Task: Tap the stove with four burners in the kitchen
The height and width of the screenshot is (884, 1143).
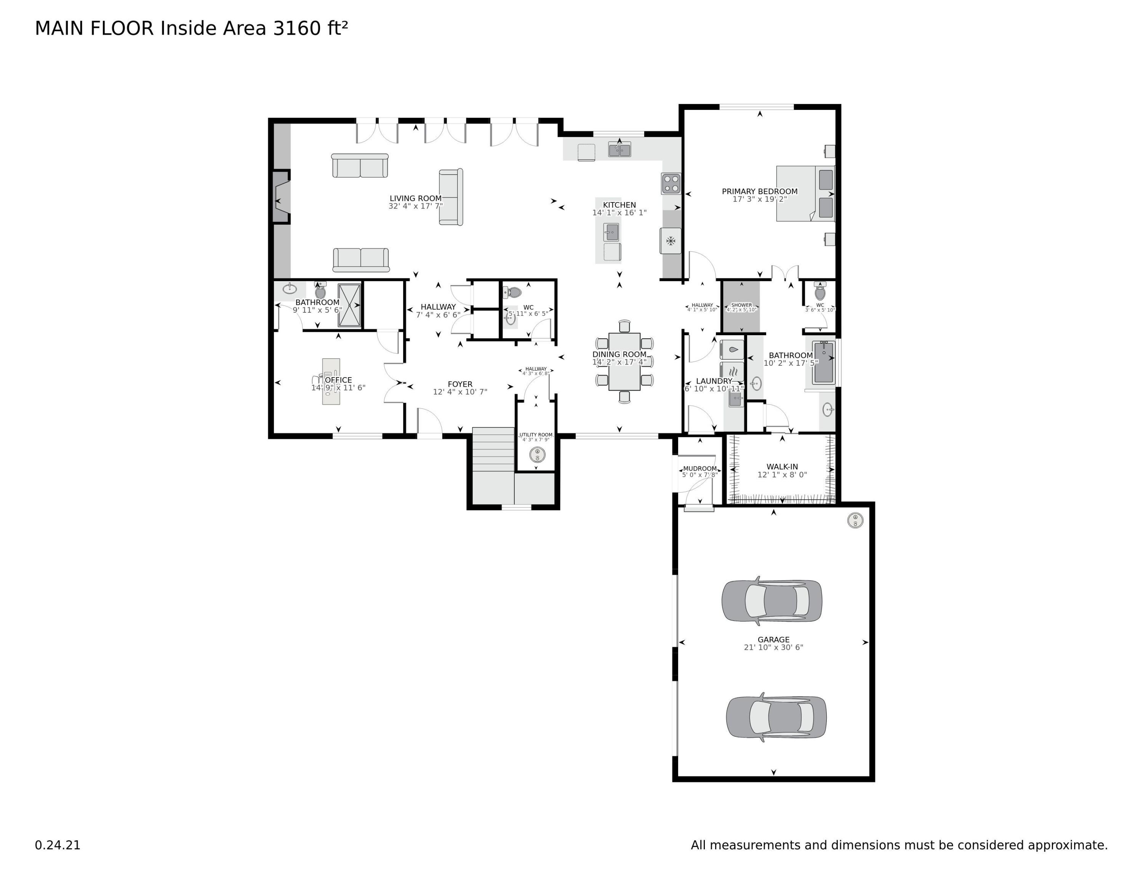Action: (671, 184)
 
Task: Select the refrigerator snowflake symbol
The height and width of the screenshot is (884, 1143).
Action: (671, 241)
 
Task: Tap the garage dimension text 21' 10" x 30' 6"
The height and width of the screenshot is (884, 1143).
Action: (773, 647)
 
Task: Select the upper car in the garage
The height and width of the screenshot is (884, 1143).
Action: (772, 601)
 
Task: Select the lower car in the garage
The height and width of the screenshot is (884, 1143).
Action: (776, 717)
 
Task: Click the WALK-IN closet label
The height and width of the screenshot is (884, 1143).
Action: (782, 467)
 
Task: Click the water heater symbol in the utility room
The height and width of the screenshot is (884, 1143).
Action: (537, 454)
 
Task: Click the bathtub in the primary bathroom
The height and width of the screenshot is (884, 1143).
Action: (824, 362)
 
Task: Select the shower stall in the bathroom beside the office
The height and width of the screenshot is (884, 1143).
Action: (349, 305)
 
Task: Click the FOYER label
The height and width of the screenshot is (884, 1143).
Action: (459, 384)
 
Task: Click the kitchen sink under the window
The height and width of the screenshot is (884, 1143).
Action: (619, 150)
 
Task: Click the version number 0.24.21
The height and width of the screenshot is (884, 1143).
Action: (58, 845)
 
